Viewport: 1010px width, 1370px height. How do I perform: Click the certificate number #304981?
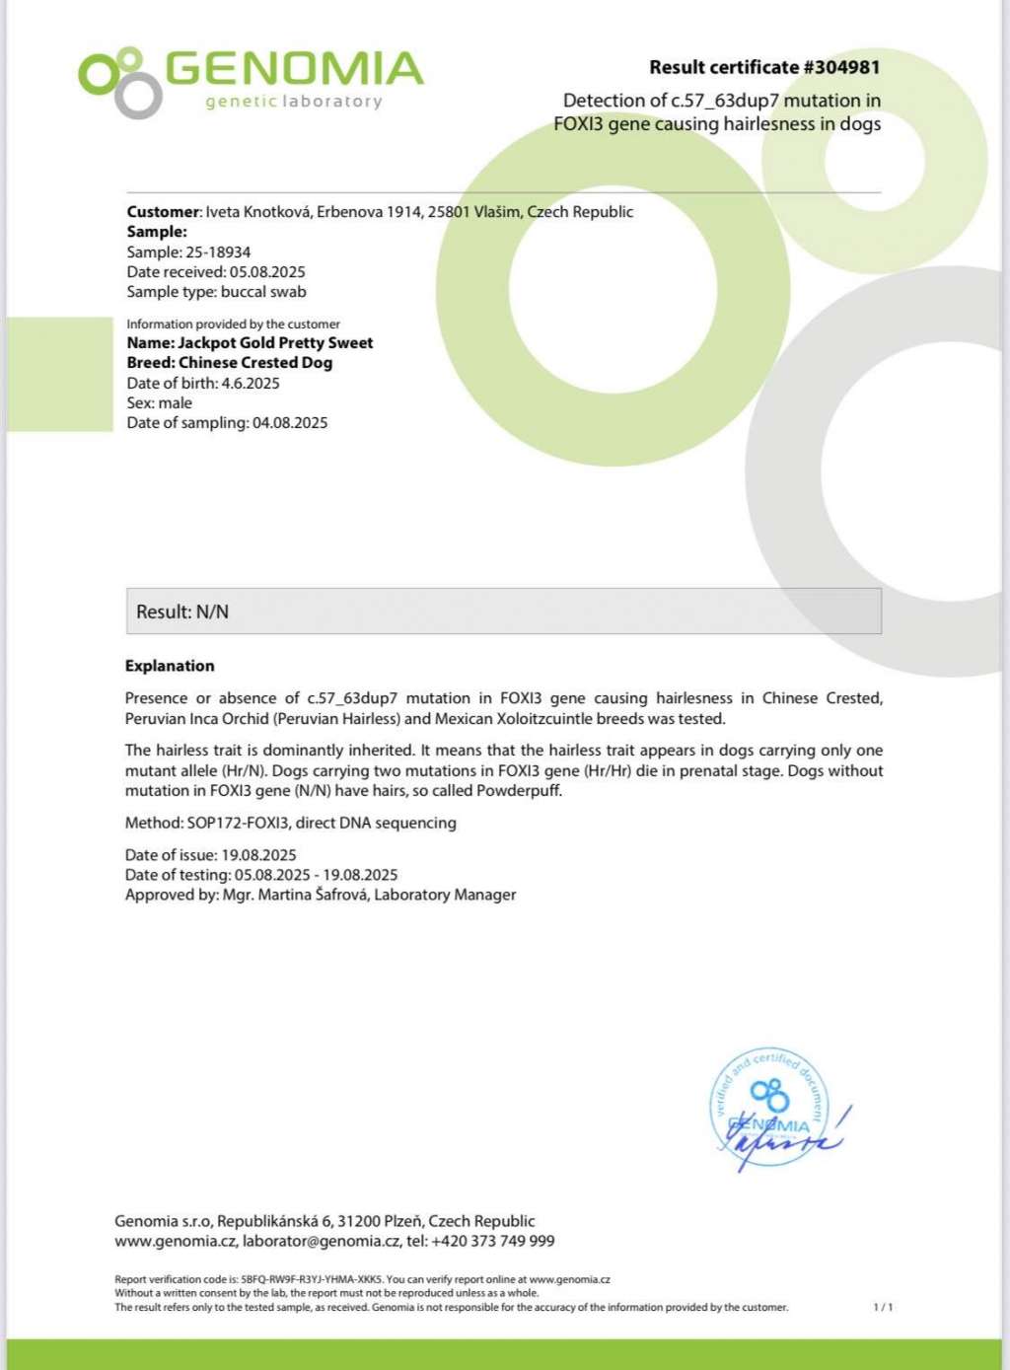[x=841, y=68]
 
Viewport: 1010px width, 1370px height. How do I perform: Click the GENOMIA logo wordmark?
[x=293, y=68]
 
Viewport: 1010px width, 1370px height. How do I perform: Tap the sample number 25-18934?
[x=218, y=252]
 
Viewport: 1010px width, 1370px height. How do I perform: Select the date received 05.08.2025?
[x=267, y=272]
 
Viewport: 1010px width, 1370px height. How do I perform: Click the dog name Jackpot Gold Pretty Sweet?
[x=275, y=343]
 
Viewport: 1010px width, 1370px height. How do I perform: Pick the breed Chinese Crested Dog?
[x=255, y=363]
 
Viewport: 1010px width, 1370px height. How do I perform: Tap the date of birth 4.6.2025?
[x=251, y=384]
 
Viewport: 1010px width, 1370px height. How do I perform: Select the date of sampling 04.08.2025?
[x=290, y=423]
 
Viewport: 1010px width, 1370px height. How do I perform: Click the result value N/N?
[x=212, y=613]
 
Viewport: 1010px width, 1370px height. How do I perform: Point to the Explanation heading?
[x=170, y=667]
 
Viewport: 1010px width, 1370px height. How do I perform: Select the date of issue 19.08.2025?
[x=258, y=855]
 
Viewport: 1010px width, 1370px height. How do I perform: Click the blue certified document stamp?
[x=771, y=1107]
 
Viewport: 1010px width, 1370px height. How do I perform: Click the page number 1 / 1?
[x=883, y=1308]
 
